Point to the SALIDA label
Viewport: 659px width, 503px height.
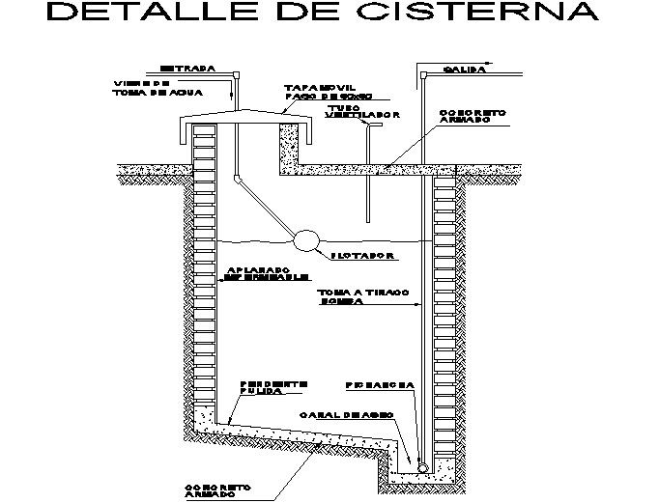463,70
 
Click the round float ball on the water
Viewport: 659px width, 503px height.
308,239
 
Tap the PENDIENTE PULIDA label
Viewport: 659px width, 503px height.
274,388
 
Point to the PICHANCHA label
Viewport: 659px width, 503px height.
380,384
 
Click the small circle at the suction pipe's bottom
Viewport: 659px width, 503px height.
422,465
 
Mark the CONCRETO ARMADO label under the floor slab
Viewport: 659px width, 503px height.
218,490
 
